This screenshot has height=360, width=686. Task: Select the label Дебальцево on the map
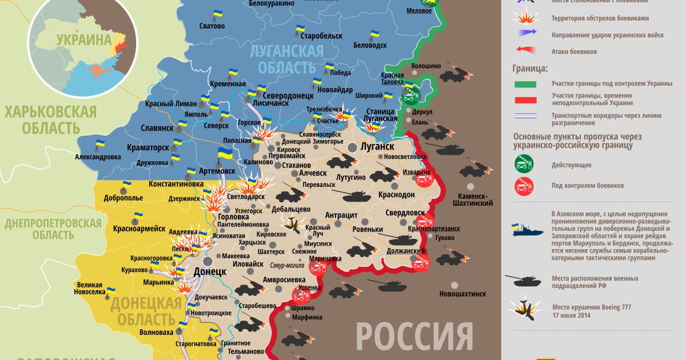(290, 209)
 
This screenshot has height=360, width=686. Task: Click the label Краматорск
(148, 147)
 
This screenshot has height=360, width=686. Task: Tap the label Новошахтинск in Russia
(462, 294)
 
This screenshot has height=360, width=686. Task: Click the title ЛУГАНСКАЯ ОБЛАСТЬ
(287, 59)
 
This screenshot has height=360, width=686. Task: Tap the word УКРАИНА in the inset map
(82, 40)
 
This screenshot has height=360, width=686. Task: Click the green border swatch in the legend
(525, 84)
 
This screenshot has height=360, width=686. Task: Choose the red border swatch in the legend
(525, 99)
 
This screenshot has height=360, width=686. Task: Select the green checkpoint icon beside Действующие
(525, 165)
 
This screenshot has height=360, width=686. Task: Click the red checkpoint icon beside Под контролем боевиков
(525, 186)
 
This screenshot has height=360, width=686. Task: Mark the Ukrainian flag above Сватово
(217, 14)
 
